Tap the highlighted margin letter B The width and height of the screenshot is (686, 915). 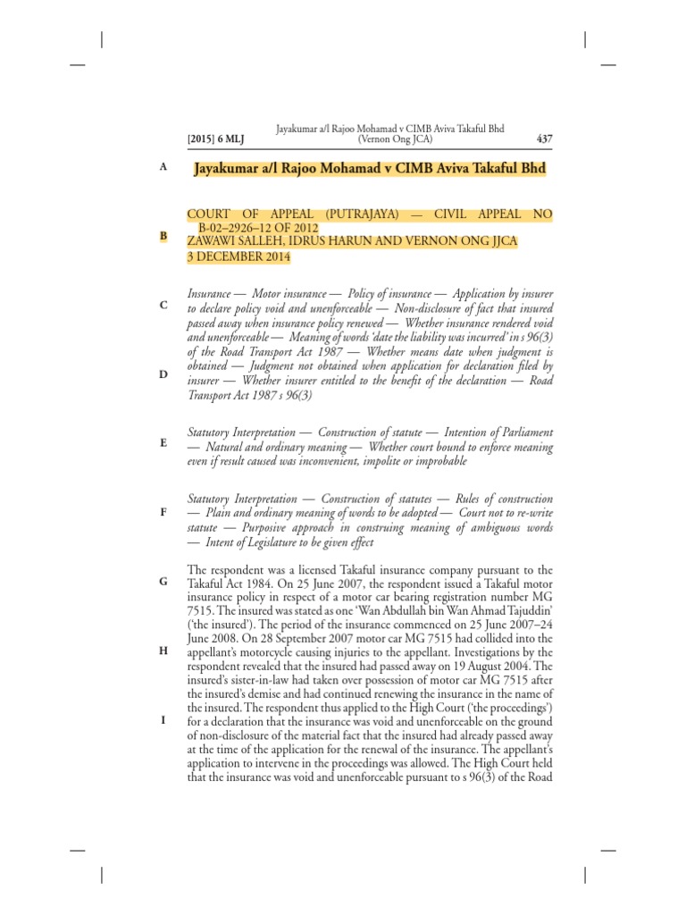(163, 236)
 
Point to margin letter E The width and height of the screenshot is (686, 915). (163, 442)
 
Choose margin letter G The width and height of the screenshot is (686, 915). (163, 582)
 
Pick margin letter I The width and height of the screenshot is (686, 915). (163, 720)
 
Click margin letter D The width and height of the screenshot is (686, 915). (163, 374)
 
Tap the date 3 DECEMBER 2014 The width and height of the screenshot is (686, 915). (238, 256)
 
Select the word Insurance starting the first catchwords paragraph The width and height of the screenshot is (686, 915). (213, 294)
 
